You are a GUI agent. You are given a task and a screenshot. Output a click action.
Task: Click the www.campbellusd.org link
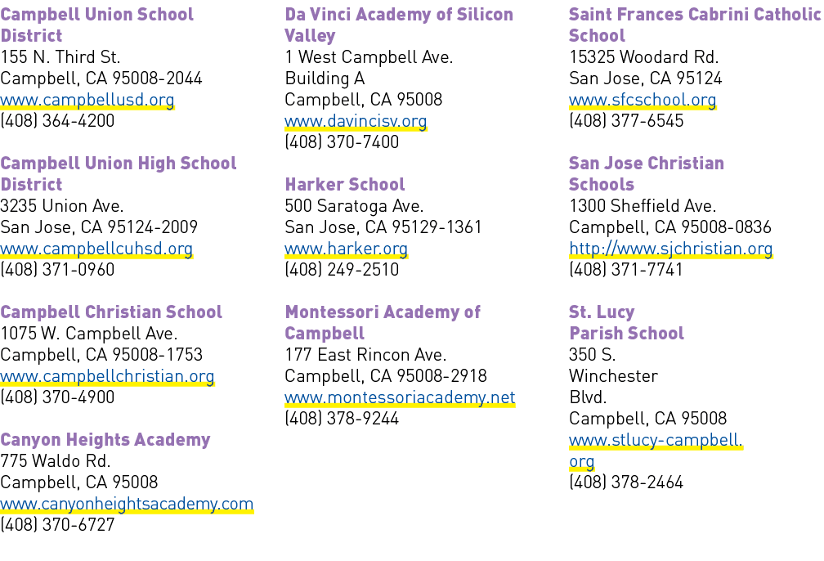pyautogui.click(x=87, y=100)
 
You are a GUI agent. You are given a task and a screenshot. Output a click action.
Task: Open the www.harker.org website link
pyautogui.click(x=347, y=249)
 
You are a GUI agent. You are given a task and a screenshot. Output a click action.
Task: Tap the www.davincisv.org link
pyautogui.click(x=356, y=122)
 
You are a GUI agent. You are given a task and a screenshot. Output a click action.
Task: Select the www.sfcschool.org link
pyautogui.click(x=643, y=100)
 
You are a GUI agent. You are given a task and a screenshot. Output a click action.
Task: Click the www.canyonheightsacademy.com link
pyautogui.click(x=127, y=504)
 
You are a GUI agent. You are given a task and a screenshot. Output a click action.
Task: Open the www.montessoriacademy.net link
pyautogui.click(x=400, y=397)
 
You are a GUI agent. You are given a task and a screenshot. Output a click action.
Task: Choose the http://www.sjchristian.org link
pyautogui.click(x=671, y=249)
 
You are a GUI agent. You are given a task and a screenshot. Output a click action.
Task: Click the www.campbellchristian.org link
pyautogui.click(x=107, y=376)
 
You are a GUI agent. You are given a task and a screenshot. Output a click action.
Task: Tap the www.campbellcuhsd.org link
pyautogui.click(x=96, y=249)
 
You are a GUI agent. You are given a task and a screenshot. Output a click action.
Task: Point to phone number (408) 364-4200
pyautogui.click(x=57, y=121)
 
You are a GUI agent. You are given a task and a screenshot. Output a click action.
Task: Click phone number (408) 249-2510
pyautogui.click(x=342, y=270)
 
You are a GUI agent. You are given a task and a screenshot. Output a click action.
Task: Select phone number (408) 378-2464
pyautogui.click(x=626, y=482)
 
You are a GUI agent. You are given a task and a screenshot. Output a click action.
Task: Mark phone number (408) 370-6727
pyautogui.click(x=57, y=525)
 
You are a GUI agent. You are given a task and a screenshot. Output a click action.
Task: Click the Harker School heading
pyautogui.click(x=345, y=185)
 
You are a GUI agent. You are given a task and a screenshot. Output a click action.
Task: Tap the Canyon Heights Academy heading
pyautogui.click(x=105, y=439)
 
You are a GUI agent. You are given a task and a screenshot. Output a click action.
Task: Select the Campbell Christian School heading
pyautogui.click(x=111, y=312)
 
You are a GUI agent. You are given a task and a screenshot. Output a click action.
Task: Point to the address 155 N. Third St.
pyautogui.click(x=60, y=56)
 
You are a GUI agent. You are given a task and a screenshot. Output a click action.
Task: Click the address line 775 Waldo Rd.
pyautogui.click(x=56, y=461)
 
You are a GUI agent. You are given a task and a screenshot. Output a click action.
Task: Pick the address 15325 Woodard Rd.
pyautogui.click(x=644, y=56)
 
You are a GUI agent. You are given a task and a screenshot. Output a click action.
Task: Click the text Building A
pyautogui.click(x=325, y=79)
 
